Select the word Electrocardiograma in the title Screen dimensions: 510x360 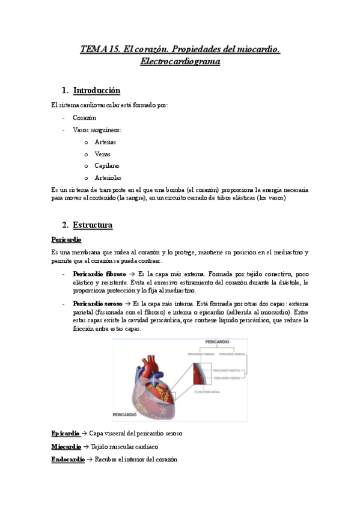point(180,61)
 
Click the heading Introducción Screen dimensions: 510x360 point(97,91)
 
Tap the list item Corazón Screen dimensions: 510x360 point(84,118)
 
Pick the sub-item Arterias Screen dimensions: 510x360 point(105,142)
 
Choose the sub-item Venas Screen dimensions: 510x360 point(103,154)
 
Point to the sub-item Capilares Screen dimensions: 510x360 point(107,165)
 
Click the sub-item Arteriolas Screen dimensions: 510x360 point(108,177)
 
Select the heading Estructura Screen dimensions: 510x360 point(93,226)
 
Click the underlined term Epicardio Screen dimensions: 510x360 point(66,433)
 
